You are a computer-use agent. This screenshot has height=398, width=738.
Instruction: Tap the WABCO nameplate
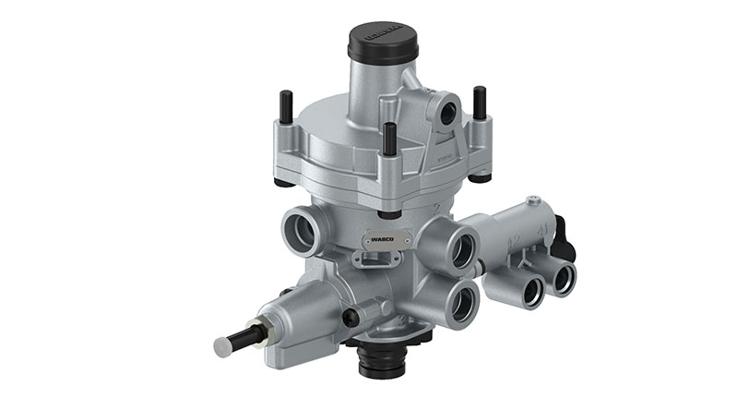[x=382, y=237]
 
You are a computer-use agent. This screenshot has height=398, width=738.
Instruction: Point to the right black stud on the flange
[x=480, y=103]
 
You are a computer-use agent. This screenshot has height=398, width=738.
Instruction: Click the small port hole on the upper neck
[x=447, y=113]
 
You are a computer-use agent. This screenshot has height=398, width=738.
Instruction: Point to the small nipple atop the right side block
[x=532, y=199]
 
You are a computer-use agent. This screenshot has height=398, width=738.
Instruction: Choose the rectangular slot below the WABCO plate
[x=377, y=263]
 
